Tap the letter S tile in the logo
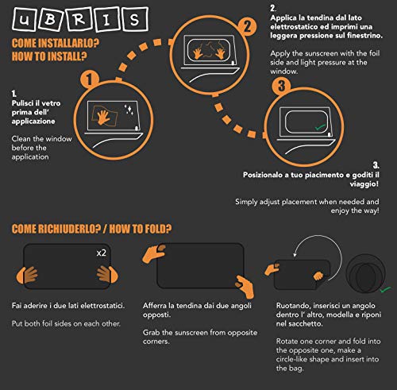point(135,19)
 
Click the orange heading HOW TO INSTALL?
point(49,56)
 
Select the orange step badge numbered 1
point(90,79)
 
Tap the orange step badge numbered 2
point(247,26)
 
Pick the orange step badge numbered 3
point(281,86)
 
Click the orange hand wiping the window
point(103,118)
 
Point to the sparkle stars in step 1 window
point(129,110)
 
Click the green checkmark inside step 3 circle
point(320,127)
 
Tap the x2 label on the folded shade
point(102,253)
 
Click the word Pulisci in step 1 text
point(23,103)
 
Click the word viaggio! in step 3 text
point(364,184)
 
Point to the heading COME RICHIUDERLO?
point(56,229)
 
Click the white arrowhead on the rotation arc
point(295,255)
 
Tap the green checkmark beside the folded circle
point(385,289)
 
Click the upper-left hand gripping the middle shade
point(154,253)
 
